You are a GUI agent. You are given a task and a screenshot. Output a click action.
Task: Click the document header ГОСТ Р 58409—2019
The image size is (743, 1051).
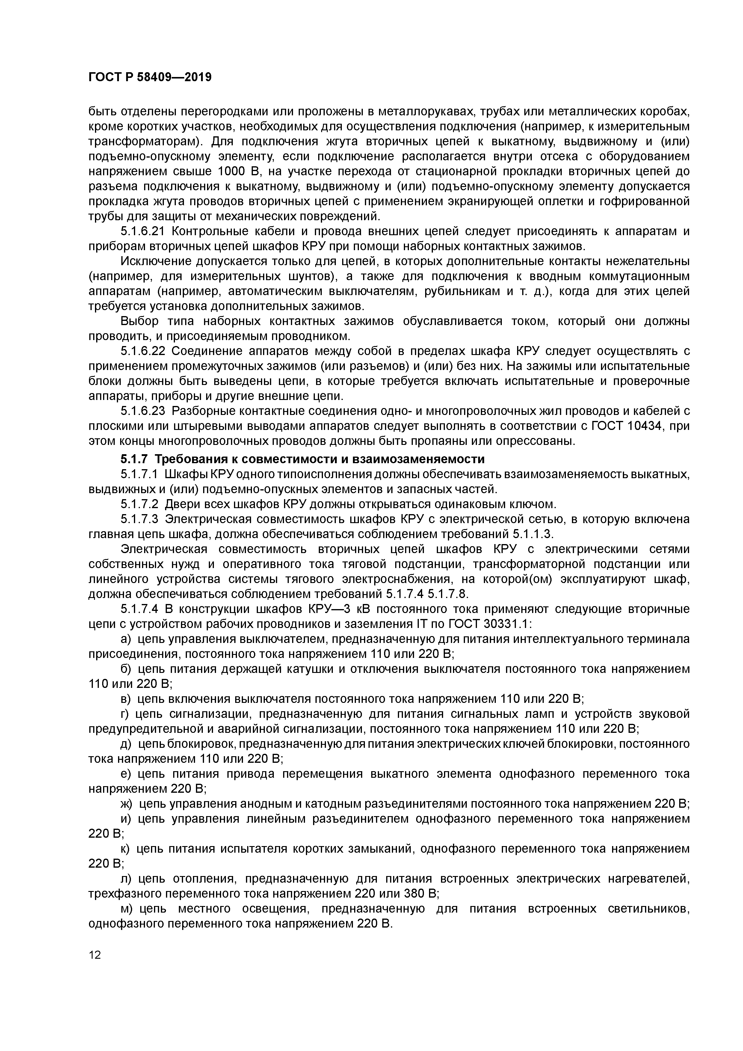tap(150, 77)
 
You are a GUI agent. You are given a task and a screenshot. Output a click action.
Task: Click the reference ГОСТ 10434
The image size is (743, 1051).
tap(627, 426)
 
